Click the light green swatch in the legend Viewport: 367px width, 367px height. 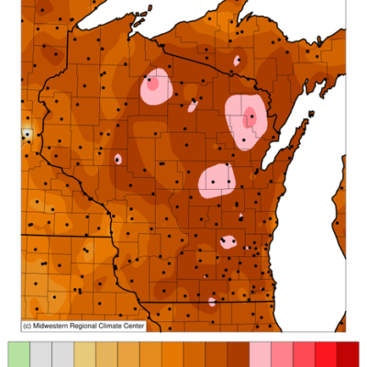(x=18, y=354)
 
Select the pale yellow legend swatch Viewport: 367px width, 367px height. (x=84, y=354)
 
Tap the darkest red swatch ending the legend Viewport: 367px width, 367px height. (x=348, y=354)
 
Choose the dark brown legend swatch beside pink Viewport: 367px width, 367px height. (x=239, y=354)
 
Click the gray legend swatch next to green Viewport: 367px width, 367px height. (x=40, y=354)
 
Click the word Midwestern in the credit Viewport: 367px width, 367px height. (x=60, y=325)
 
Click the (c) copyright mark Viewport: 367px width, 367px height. (x=28, y=325)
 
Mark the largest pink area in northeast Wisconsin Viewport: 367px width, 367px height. (x=246, y=122)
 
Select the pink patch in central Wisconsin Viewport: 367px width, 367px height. (x=217, y=180)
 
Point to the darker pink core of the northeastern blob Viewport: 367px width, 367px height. (x=250, y=117)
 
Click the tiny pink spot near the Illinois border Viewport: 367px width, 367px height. (x=212, y=301)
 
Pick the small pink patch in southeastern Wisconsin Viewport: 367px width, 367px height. (x=228, y=242)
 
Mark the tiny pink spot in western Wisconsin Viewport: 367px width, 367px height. (x=117, y=159)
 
